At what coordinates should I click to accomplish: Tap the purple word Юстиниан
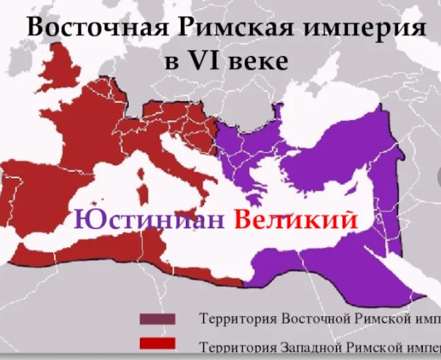tap(149, 219)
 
